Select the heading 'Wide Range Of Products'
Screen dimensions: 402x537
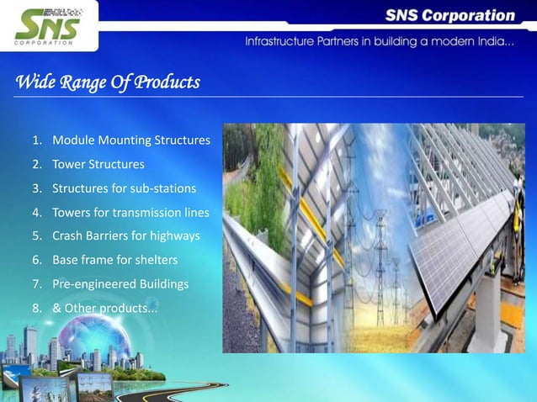click(108, 82)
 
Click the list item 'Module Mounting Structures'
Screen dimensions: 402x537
click(130, 140)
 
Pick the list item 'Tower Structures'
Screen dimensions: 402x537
click(98, 164)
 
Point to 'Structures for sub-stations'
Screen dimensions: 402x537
click(124, 188)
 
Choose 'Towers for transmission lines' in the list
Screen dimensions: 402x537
click(130, 212)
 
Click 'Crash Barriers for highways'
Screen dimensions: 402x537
click(125, 236)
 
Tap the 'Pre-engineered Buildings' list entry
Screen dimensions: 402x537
click(120, 284)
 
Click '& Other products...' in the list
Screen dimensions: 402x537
click(104, 309)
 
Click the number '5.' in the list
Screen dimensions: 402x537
click(37, 236)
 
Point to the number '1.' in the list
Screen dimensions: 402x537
click(37, 140)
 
